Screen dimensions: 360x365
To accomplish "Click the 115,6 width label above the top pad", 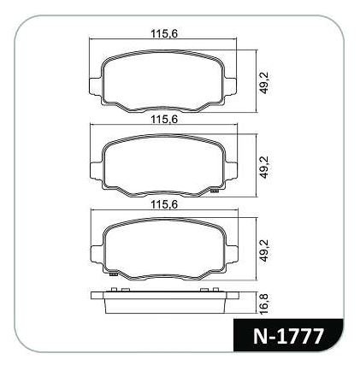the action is point(164,34).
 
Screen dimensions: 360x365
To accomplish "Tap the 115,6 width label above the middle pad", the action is point(164,119).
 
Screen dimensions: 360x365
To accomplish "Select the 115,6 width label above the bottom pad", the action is point(164,204).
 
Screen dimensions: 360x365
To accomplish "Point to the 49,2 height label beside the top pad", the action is point(265,83).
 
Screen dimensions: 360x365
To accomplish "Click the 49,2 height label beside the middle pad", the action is point(265,168).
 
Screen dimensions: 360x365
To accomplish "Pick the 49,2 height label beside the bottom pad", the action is point(265,250).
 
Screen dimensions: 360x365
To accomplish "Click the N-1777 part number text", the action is point(288,336).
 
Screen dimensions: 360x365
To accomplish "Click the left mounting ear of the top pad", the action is point(95,85).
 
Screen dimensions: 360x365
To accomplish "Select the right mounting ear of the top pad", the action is point(231,85).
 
